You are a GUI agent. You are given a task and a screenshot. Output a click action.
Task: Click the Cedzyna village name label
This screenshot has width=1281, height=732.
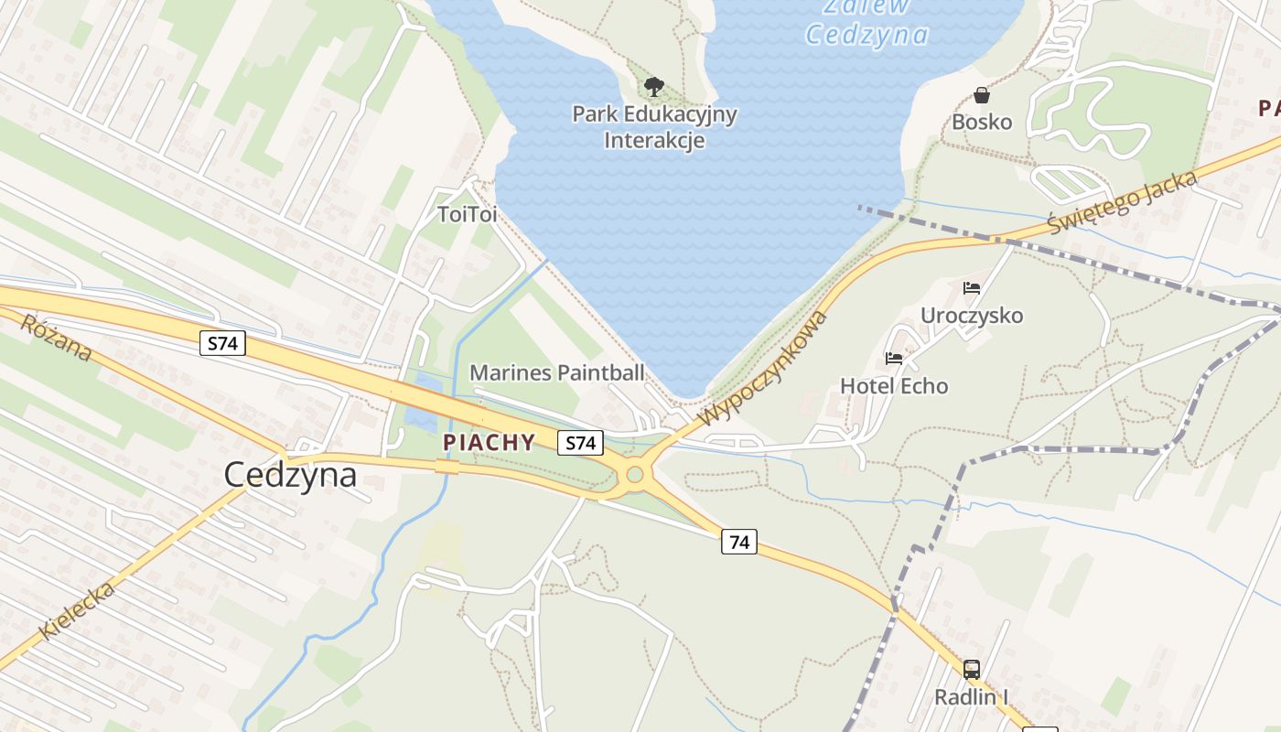tap(290, 474)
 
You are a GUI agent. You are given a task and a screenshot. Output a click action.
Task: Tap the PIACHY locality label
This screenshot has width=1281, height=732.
tap(490, 443)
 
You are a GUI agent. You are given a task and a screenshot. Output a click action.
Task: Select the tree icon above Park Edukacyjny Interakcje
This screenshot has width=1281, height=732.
tap(653, 87)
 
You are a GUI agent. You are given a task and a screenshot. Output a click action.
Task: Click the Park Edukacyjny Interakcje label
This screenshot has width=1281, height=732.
tap(654, 127)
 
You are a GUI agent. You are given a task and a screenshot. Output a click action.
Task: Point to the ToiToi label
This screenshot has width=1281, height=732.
tap(467, 214)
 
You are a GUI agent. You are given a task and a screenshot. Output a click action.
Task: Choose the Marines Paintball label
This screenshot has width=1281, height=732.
tap(557, 372)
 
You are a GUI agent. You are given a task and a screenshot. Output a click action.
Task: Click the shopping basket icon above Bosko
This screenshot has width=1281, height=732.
tap(982, 94)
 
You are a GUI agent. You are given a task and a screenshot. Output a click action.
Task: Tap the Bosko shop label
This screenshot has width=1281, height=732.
tap(982, 122)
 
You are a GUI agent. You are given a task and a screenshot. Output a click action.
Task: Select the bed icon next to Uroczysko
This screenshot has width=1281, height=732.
tap(972, 288)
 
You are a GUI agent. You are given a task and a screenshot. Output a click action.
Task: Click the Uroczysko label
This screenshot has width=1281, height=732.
tap(972, 316)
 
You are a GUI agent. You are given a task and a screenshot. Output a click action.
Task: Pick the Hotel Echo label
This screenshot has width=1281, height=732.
tap(894, 386)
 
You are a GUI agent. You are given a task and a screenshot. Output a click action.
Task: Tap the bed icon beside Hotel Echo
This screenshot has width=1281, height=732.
tap(894, 359)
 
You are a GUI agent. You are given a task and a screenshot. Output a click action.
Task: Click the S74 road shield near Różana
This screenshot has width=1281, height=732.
tap(222, 344)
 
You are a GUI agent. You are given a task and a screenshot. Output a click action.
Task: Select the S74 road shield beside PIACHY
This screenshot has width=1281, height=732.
tap(581, 443)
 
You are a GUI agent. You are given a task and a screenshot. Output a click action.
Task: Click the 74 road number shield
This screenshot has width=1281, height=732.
tap(739, 542)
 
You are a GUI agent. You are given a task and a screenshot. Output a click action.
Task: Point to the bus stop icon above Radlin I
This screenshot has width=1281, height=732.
tap(972, 670)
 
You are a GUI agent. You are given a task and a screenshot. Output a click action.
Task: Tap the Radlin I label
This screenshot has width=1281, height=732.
tap(971, 697)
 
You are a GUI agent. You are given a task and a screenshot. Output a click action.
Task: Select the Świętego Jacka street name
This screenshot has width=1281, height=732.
tap(1123, 202)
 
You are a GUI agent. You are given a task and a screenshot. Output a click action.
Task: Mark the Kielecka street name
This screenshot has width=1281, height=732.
tap(79, 610)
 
